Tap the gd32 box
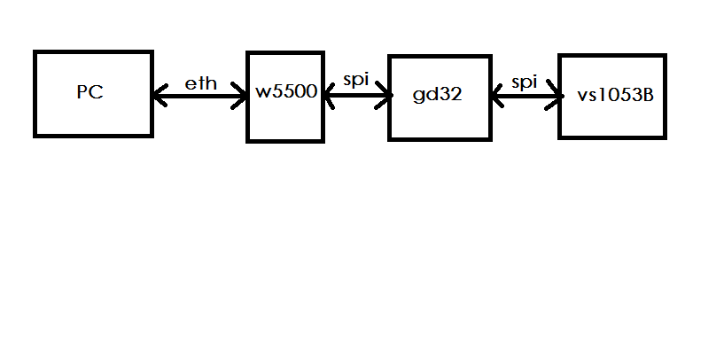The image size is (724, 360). [x=439, y=120]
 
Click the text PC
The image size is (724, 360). [x=90, y=92]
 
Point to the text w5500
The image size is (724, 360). [x=286, y=93]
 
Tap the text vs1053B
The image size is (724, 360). [x=613, y=95]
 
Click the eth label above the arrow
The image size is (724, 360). [x=200, y=83]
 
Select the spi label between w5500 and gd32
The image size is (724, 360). [x=355, y=80]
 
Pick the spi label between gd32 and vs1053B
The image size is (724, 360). [x=525, y=82]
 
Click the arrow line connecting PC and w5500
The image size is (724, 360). [x=200, y=96]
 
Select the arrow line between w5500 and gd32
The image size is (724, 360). [x=355, y=94]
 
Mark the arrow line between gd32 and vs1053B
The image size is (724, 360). [x=525, y=94]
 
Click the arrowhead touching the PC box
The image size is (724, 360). [x=160, y=96]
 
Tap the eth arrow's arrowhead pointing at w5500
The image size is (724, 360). [x=240, y=96]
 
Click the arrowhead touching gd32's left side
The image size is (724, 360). [x=385, y=94]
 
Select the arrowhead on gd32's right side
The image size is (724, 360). [x=495, y=94]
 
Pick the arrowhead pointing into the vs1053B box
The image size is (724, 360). [x=555, y=94]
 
